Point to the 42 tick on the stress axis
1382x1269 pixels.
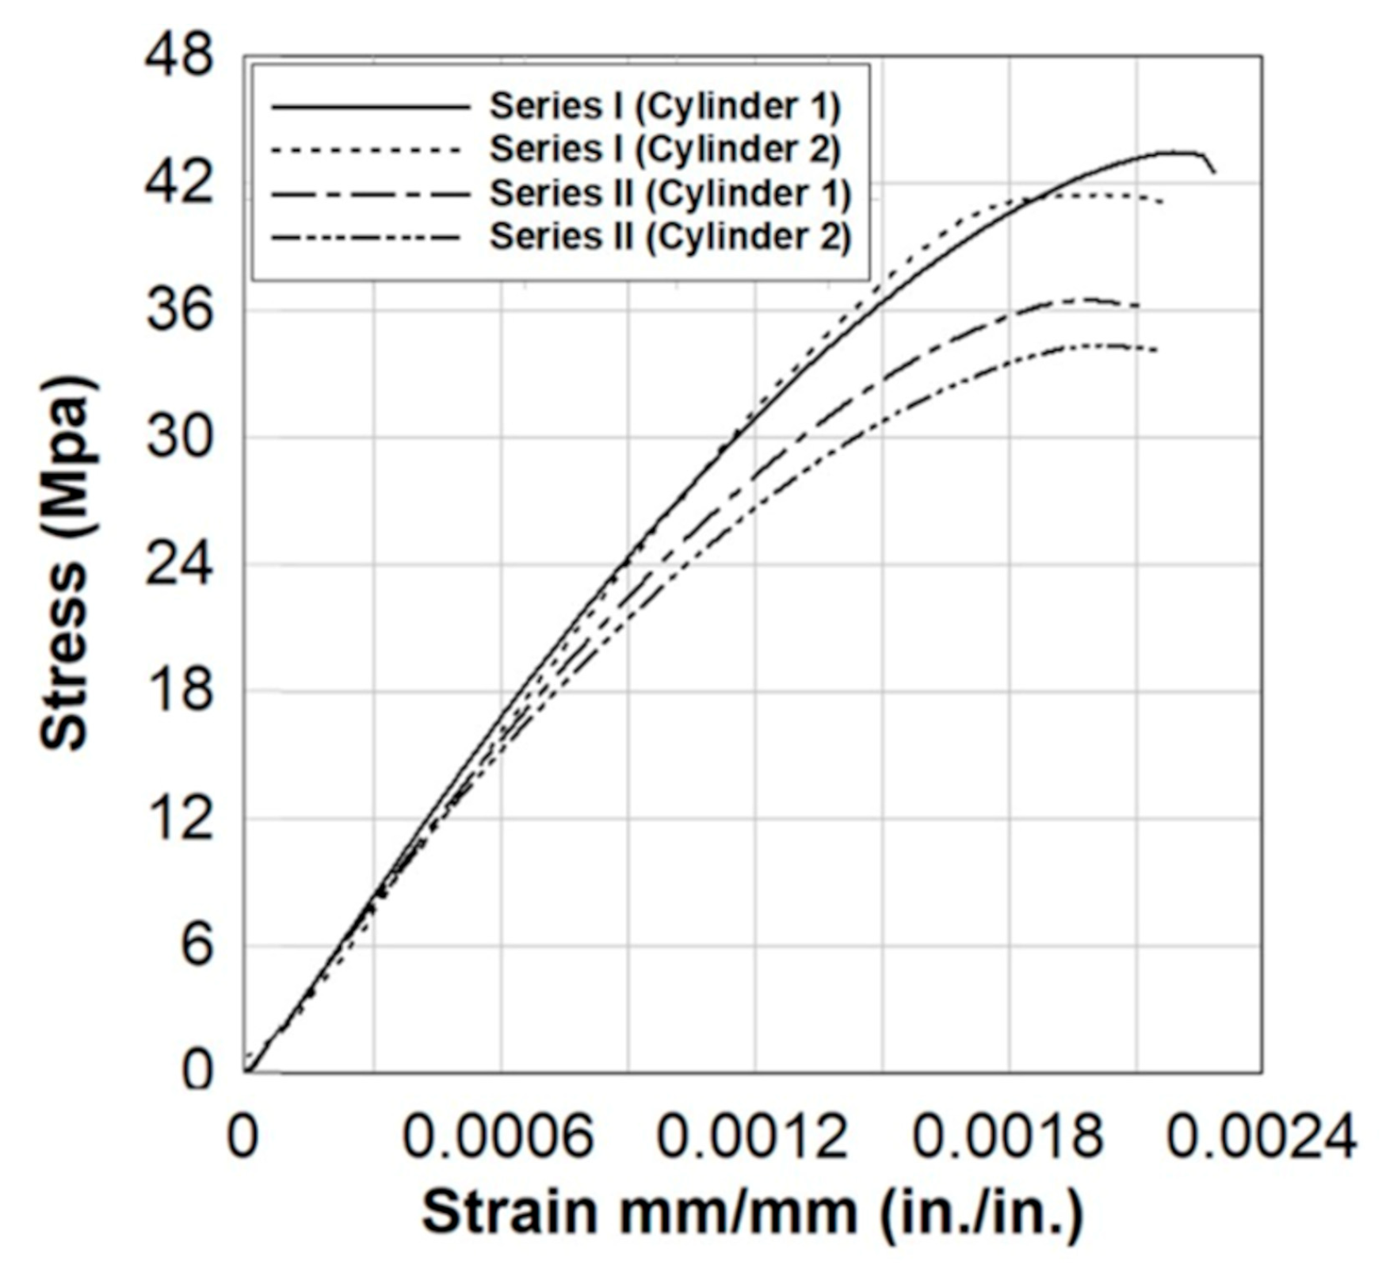[179, 183]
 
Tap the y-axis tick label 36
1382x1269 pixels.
[179, 310]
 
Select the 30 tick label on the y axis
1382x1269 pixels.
[179, 437]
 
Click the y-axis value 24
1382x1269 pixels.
[179, 564]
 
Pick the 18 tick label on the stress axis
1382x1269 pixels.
[179, 691]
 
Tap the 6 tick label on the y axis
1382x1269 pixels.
[197, 946]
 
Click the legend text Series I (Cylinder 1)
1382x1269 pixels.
[664, 106]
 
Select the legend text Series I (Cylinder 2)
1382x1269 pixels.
[664, 149]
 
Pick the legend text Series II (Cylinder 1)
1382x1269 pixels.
[670, 193]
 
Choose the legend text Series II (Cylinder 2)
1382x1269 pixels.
[670, 236]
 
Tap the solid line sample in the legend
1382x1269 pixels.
[370, 106]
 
